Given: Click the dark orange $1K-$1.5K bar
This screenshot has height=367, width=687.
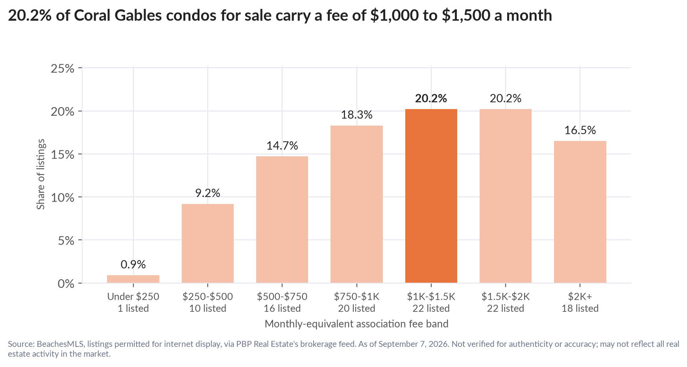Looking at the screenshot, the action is [431, 196].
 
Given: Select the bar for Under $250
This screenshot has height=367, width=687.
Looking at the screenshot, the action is [133, 279].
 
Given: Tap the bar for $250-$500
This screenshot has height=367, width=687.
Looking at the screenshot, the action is [207, 243].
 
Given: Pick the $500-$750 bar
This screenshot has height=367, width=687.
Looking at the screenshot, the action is [282, 219].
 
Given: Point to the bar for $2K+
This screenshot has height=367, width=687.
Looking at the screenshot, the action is [580, 212].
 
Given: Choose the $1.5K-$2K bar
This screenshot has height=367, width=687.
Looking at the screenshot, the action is [506, 196].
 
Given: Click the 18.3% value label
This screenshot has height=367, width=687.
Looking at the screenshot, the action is [356, 115].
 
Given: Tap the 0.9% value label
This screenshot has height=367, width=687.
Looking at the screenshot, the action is [133, 265].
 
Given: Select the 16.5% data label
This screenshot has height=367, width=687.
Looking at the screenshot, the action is [580, 130].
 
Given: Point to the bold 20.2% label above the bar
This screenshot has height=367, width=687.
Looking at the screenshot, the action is [431, 98].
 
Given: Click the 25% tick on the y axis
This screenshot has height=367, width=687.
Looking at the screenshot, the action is [63, 69].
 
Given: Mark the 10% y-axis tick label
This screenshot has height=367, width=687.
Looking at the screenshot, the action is [63, 197].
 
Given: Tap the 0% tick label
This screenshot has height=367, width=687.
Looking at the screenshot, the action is [66, 284].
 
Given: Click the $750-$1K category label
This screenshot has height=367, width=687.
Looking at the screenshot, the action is [356, 297].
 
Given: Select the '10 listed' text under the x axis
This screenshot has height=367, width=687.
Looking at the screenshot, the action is [207, 308].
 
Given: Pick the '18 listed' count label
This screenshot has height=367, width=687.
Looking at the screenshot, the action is [580, 308].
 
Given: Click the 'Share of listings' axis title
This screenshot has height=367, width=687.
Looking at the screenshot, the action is [41, 174].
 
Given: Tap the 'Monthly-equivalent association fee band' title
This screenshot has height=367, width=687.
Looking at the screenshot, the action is [356, 324].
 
